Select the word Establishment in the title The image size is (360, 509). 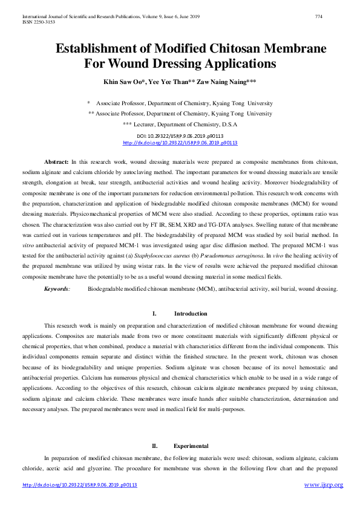coord(111,49)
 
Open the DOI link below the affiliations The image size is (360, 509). coord(180,143)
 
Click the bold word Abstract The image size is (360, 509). coord(57,163)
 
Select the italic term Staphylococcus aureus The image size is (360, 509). coord(217,251)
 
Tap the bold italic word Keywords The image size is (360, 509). coord(57,290)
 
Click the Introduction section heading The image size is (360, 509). coord(191,314)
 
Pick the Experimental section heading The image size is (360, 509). coord(191,446)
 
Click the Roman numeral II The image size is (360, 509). coord(154,446)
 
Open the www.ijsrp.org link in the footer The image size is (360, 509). coord(323,485)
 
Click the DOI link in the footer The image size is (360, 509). coord(80,485)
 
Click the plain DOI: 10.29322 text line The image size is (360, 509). coord(180,136)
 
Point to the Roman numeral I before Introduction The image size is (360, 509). coord(155,314)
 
